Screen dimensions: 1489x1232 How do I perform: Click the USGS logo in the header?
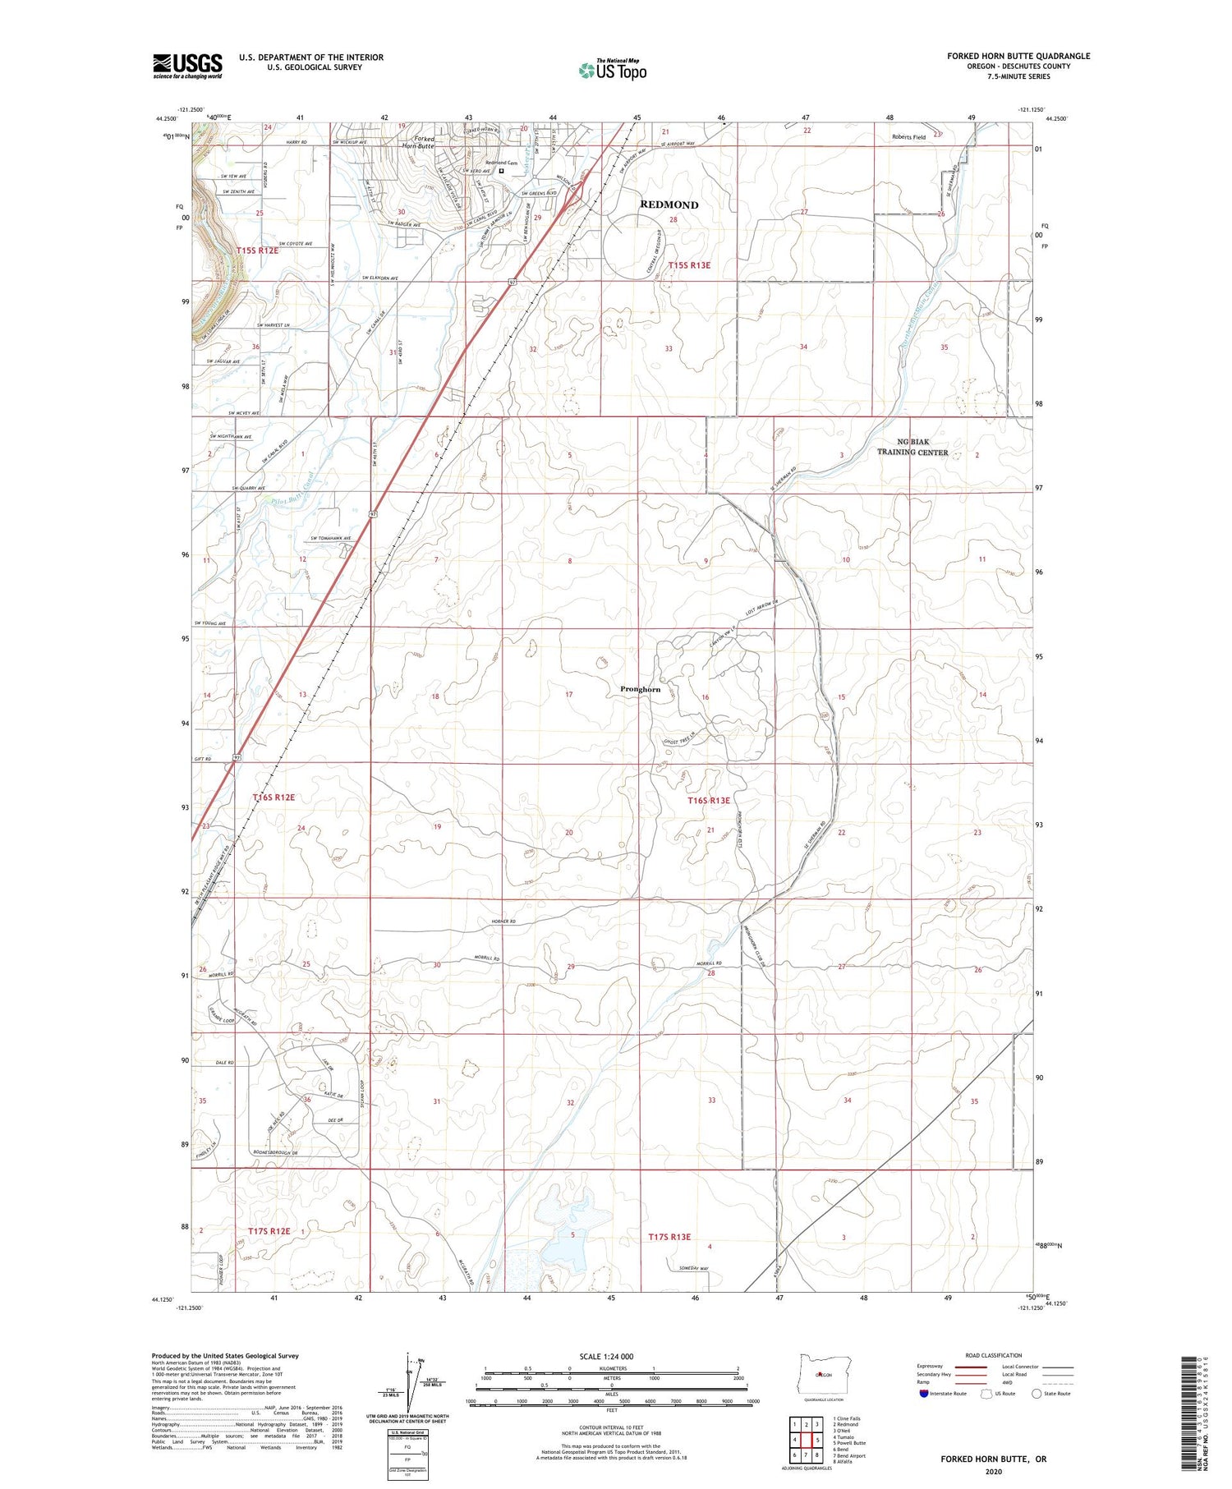(187, 66)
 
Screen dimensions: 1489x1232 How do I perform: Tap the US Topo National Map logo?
(613, 70)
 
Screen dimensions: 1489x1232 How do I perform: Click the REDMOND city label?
(669, 205)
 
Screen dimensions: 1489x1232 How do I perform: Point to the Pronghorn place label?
(640, 689)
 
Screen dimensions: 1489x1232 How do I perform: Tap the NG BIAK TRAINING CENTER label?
(912, 448)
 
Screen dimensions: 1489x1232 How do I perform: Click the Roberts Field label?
(908, 137)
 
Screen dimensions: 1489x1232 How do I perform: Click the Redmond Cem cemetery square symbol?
(501, 171)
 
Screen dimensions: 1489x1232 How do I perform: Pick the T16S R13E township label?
(708, 800)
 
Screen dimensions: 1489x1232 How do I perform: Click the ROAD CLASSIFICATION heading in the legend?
(993, 1355)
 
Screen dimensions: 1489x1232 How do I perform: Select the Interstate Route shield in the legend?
(923, 1394)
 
